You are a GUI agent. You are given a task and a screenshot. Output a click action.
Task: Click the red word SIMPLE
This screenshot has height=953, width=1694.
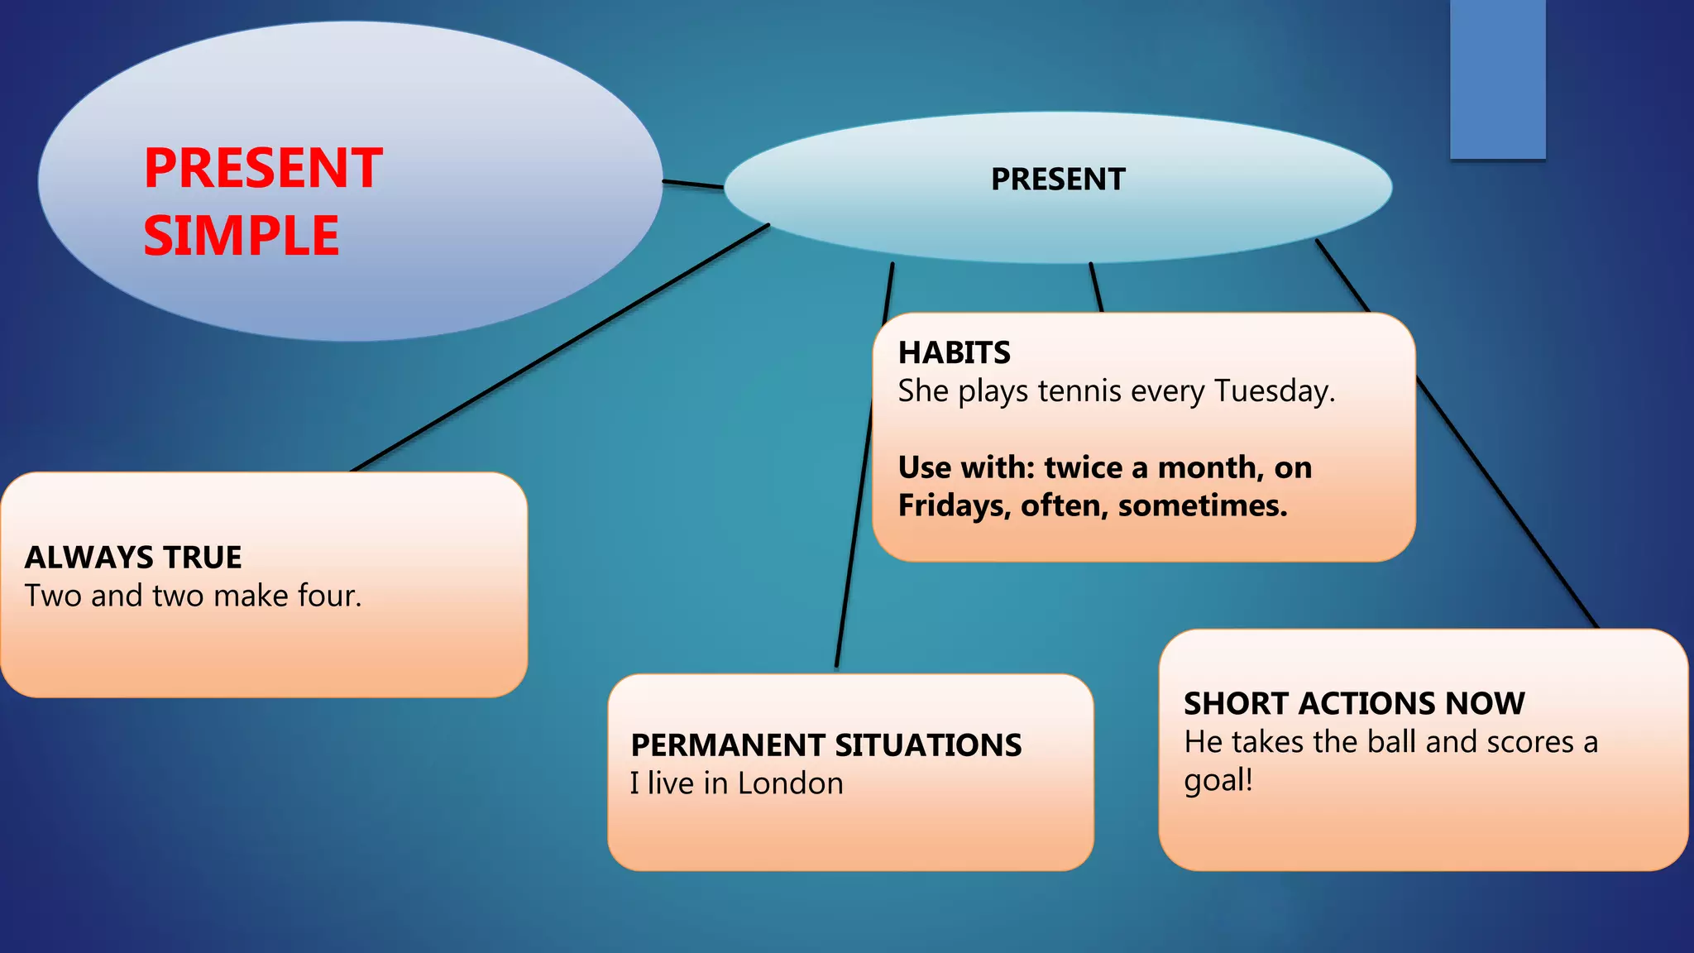(241, 237)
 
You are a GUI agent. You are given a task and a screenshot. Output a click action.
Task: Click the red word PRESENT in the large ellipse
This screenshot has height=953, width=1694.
(263, 169)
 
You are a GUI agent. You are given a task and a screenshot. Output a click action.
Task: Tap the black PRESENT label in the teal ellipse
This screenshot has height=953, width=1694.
(1058, 180)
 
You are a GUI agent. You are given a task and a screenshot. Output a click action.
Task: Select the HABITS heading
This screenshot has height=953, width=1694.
(954, 353)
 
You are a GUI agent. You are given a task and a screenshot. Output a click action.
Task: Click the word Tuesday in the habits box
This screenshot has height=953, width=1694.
(1274, 391)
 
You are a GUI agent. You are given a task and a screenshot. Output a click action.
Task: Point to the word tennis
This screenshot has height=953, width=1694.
(1079, 391)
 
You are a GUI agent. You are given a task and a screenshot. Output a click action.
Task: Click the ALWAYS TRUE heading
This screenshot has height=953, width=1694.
(133, 558)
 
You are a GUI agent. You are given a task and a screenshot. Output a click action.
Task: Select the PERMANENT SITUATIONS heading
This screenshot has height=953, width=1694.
(825, 745)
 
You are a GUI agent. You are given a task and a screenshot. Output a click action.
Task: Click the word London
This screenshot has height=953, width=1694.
(790, 783)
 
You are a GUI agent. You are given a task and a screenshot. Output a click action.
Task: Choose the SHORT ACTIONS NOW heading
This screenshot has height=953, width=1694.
(1354, 704)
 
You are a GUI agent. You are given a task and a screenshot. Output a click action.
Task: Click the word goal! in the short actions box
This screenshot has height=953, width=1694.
(1218, 780)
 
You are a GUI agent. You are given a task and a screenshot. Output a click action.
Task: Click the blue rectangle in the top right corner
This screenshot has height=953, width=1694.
(1497, 79)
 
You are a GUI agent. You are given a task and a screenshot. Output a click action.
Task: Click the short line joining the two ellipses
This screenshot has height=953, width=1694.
(693, 184)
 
